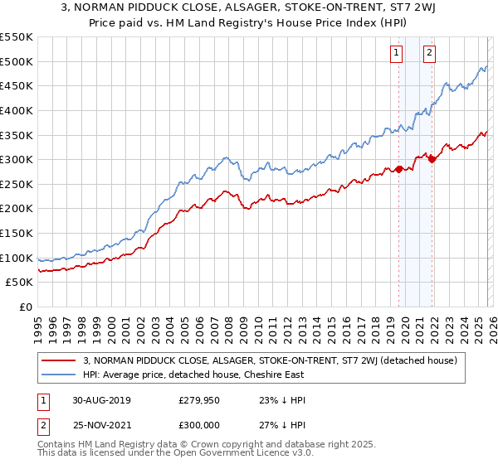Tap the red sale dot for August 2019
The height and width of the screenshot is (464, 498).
pyautogui.click(x=398, y=169)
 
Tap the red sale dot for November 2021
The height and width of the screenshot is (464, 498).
pyautogui.click(x=432, y=160)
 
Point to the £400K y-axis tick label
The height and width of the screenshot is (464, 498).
pyautogui.click(x=17, y=110)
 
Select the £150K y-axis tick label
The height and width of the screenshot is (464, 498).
pyautogui.click(x=17, y=233)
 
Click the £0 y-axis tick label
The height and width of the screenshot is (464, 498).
pyautogui.click(x=27, y=307)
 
